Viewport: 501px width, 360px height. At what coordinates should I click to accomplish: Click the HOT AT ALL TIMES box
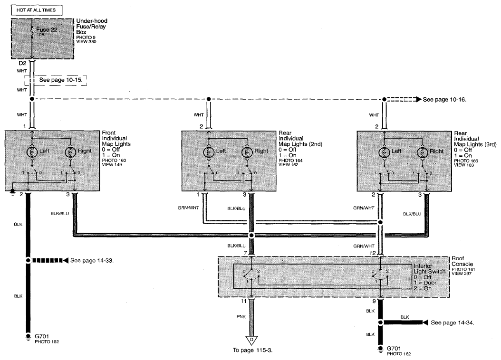[x=37, y=10]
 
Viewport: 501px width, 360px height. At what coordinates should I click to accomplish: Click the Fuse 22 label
[x=47, y=29]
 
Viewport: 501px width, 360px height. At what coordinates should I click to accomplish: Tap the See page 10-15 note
[x=61, y=80]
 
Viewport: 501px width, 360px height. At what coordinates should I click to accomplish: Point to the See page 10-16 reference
[x=444, y=100]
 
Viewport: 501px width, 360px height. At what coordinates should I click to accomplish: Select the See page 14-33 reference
[x=92, y=260]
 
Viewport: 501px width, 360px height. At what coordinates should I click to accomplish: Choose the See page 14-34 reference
[x=452, y=322]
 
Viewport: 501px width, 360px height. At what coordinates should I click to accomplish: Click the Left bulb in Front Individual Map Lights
[x=32, y=152]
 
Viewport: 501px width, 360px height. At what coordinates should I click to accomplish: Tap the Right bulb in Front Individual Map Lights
[x=70, y=152]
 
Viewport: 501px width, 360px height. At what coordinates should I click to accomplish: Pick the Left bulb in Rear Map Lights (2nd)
[x=209, y=152]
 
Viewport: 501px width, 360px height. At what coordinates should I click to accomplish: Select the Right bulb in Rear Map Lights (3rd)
[x=423, y=152]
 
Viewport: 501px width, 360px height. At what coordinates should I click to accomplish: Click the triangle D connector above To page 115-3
[x=251, y=340]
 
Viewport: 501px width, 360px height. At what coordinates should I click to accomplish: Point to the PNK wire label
[x=241, y=317]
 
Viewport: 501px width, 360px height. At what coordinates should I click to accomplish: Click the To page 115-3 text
[x=252, y=350]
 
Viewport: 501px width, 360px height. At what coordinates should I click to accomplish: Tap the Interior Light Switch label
[x=429, y=269]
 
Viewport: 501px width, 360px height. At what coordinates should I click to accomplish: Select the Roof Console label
[x=462, y=261]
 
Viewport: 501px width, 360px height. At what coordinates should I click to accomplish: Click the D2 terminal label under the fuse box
[x=22, y=63]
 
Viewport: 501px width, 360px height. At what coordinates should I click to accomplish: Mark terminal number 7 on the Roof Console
[x=245, y=253]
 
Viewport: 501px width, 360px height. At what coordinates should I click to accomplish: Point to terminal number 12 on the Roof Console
[x=373, y=253]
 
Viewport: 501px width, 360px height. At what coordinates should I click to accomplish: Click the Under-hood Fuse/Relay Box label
[x=91, y=27]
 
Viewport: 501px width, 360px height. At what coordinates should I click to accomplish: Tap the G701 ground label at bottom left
[x=42, y=336]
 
